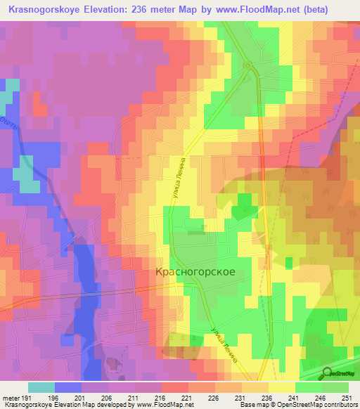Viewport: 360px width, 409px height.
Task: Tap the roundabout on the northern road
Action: coord(248,66)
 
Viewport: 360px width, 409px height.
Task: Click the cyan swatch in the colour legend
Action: coord(41,387)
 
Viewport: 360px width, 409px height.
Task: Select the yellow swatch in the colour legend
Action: coord(281,387)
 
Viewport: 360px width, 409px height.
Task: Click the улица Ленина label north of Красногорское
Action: coord(177,176)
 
